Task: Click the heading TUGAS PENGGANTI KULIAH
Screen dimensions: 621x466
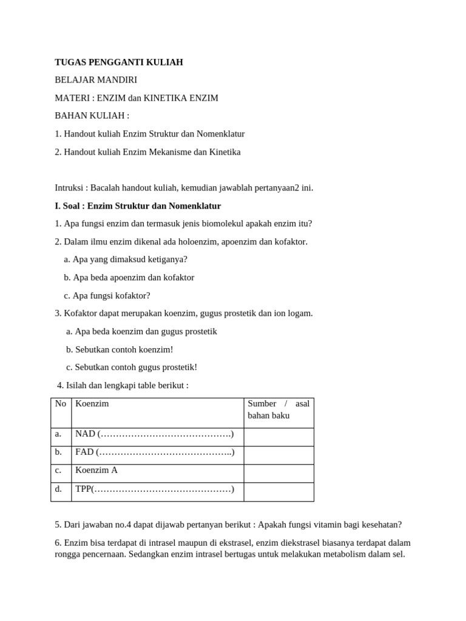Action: coord(119,62)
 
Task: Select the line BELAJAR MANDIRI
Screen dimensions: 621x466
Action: coord(96,80)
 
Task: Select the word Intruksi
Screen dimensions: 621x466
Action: coord(70,188)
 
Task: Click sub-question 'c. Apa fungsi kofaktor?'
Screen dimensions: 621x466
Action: coord(107,296)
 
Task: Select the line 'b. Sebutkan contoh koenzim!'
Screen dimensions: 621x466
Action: coord(120,350)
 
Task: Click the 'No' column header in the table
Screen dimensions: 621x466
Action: coord(61,404)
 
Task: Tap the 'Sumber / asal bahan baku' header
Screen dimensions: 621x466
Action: coord(279,409)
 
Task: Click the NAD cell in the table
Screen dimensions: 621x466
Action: coord(154,434)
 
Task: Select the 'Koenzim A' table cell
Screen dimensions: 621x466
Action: coord(96,470)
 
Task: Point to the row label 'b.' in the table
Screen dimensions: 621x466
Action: coord(58,452)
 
